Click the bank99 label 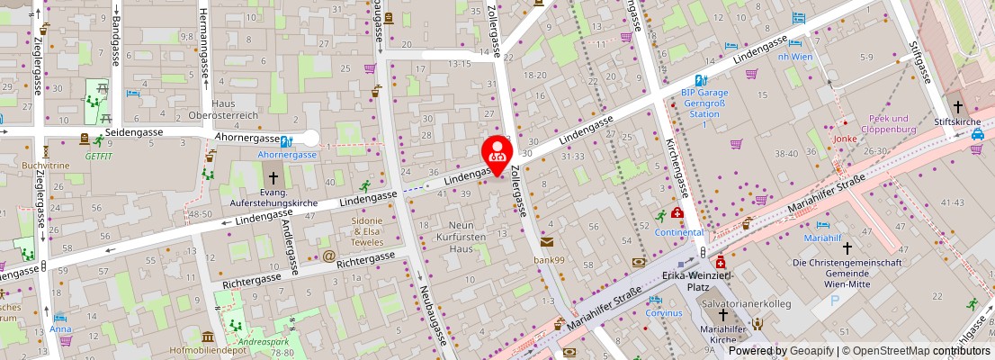(x=548, y=260)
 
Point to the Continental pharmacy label (x=678, y=232)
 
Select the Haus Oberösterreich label (x=235, y=109)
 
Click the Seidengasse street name (x=134, y=132)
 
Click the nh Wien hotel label (x=794, y=56)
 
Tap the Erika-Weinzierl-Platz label (x=699, y=281)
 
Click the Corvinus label (x=664, y=312)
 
